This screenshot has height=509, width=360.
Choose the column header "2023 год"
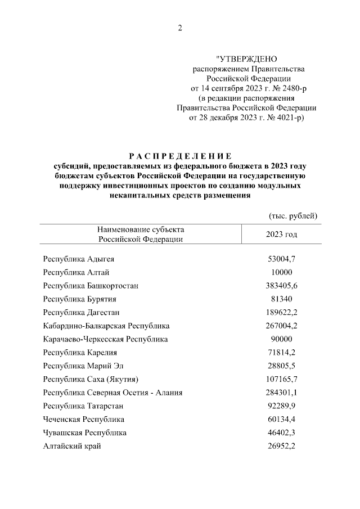281,234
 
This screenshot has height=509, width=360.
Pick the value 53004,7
281,259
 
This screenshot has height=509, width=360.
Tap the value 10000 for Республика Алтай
281,272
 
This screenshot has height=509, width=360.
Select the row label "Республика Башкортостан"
91,286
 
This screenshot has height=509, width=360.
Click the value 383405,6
281,286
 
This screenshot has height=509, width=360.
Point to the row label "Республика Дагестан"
82,312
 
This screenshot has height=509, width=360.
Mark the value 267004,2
281,326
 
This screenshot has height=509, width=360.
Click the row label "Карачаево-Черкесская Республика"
105,339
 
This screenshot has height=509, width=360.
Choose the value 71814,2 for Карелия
281,353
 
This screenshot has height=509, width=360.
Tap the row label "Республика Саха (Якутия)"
91,379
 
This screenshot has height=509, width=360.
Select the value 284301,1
281,393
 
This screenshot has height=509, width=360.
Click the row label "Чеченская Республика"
84,420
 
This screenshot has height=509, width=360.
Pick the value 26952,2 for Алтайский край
281,446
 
